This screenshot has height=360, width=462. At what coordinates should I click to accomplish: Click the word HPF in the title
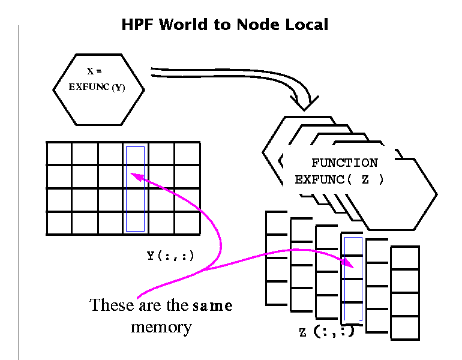pos(139,25)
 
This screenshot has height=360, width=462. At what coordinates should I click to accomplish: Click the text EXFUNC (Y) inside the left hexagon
pos(97,87)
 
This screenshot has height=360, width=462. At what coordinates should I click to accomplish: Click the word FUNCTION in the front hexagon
pos(344,163)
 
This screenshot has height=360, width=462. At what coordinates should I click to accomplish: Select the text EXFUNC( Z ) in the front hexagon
pos(339,179)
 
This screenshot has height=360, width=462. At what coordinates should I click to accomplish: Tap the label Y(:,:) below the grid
pos(170,256)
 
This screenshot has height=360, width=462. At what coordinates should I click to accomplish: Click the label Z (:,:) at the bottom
pos(326,332)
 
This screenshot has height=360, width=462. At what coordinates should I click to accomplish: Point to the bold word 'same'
pos(212,306)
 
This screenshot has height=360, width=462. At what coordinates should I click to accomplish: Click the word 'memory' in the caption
pos(161,327)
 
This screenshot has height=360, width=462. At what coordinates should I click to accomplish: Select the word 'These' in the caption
pos(111,305)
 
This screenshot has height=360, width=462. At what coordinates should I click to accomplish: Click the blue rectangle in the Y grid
pos(136,188)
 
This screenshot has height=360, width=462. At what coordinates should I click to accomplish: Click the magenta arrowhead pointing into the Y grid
pos(136,176)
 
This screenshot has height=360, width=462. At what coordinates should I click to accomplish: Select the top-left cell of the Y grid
pos(59,153)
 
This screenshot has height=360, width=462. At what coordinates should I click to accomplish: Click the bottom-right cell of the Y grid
pos(187,223)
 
